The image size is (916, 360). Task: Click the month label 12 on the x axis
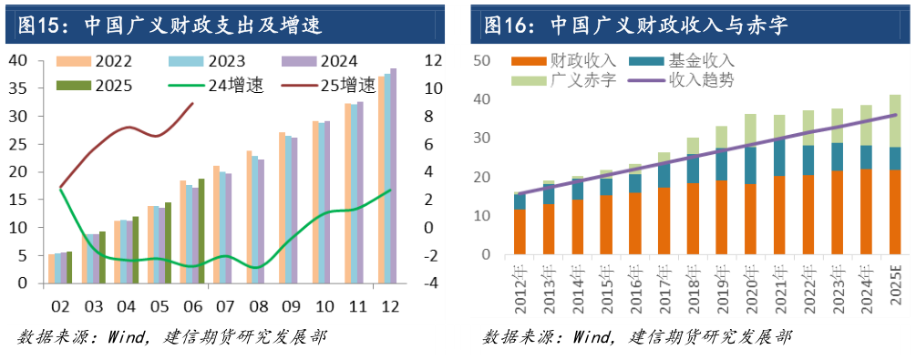tap(387, 304)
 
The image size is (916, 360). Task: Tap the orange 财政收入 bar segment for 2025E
tap(895, 216)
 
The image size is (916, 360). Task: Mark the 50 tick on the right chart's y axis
tap(483, 60)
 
